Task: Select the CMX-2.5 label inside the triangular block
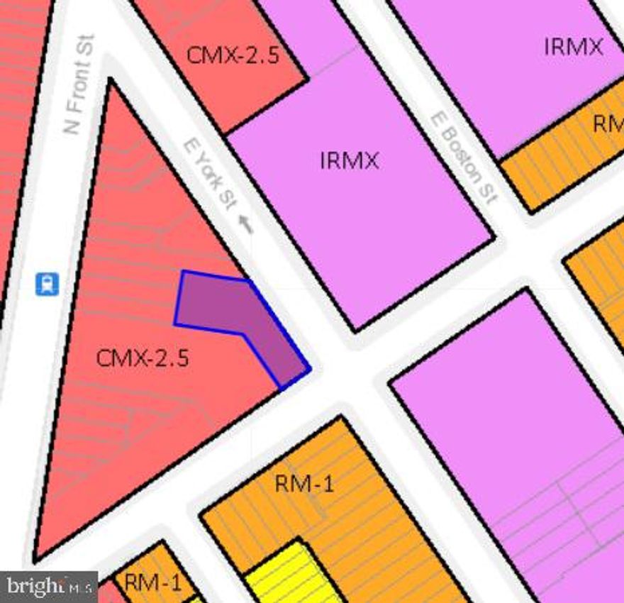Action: coord(143,358)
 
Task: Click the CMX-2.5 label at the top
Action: coord(233,55)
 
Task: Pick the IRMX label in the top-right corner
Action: coord(573,47)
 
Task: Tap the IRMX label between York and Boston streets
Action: coord(349,160)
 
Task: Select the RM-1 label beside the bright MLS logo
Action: coord(152,583)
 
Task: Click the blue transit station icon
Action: coord(48,285)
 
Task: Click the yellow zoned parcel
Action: coord(291,575)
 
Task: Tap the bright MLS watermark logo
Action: coord(48,586)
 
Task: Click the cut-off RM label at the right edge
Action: coord(608,123)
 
